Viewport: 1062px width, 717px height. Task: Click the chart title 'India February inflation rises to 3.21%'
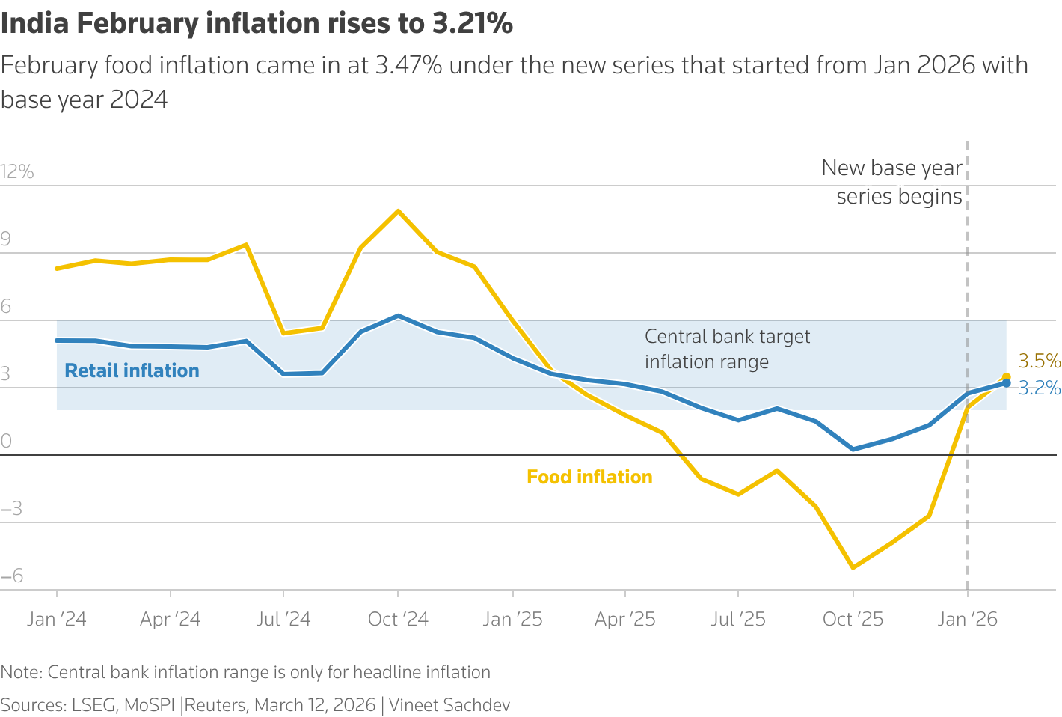pyautogui.click(x=257, y=24)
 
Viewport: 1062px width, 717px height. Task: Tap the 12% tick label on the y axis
pyautogui.click(x=17, y=172)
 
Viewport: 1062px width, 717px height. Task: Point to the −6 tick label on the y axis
pyautogui.click(x=12, y=576)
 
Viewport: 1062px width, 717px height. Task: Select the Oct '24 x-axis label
pyautogui.click(x=398, y=619)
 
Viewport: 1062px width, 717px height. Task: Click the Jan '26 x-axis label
pyautogui.click(x=968, y=619)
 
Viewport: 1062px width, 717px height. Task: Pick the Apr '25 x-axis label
pyautogui.click(x=624, y=619)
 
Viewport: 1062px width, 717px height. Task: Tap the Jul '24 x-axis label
pyautogui.click(x=283, y=619)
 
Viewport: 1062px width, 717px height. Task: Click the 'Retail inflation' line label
pyautogui.click(x=132, y=370)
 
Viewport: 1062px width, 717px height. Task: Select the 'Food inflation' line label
pyautogui.click(x=589, y=477)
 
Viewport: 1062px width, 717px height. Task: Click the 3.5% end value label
pyautogui.click(x=1039, y=361)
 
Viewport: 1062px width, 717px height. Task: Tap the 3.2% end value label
pyautogui.click(x=1040, y=388)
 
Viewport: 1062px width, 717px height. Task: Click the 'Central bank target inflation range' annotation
pyautogui.click(x=727, y=349)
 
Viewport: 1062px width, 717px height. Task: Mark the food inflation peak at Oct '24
pyautogui.click(x=398, y=211)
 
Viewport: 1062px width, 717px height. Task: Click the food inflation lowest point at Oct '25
pyautogui.click(x=853, y=567)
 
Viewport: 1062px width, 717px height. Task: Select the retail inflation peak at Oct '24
pyautogui.click(x=398, y=316)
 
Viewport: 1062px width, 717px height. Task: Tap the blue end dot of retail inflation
pyautogui.click(x=1006, y=383)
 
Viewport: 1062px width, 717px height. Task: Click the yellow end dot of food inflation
pyautogui.click(x=1006, y=377)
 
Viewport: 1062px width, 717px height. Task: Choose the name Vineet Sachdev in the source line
pyautogui.click(x=449, y=705)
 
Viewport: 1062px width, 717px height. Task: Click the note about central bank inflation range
pyautogui.click(x=245, y=672)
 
